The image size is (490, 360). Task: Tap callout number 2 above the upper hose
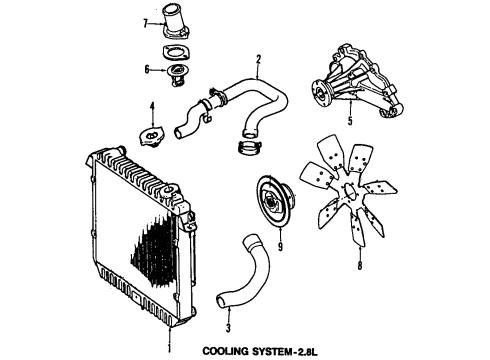(x=258, y=59)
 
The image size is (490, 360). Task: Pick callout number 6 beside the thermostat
(x=147, y=69)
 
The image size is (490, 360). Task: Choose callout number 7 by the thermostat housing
(x=146, y=22)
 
